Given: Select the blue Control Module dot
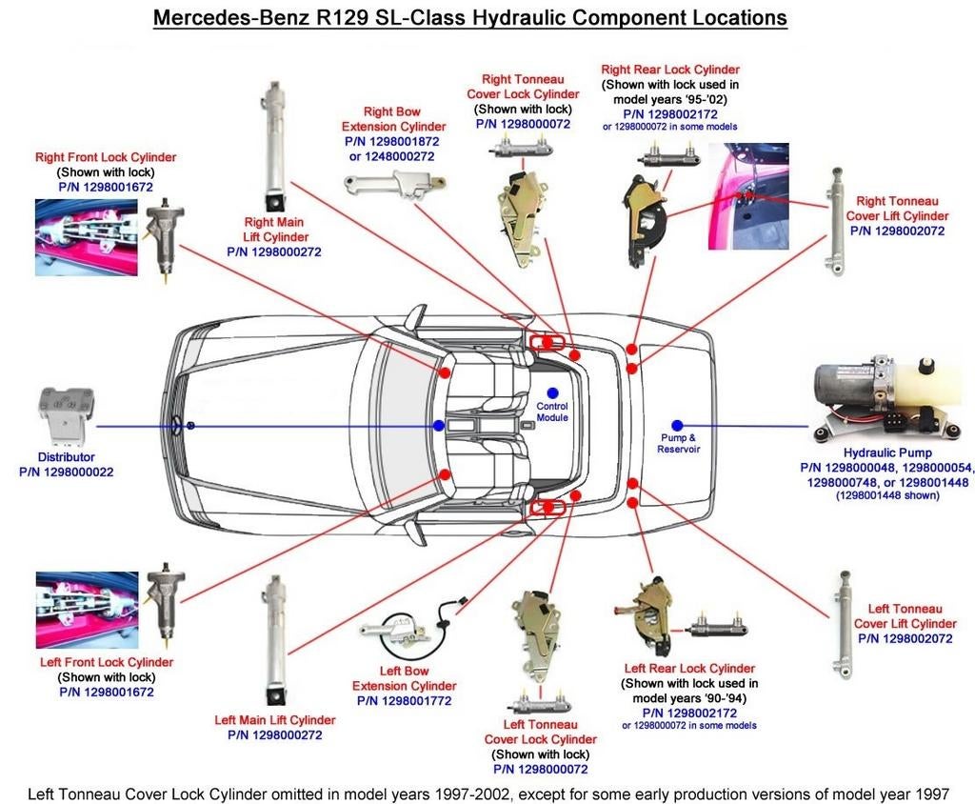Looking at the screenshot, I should (551, 392).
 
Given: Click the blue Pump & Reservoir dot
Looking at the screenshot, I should (677, 425).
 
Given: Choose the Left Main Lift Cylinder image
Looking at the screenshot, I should (275, 638).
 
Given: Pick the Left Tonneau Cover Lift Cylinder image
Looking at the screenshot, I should (844, 625).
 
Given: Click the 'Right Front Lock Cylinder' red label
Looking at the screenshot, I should (106, 157).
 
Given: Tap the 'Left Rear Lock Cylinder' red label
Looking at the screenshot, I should (689, 669).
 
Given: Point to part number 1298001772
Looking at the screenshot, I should (404, 701).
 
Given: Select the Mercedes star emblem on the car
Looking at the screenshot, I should (178, 426).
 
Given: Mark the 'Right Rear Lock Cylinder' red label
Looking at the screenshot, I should (670, 70).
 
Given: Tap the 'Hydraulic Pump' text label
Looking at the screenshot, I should (887, 452).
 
